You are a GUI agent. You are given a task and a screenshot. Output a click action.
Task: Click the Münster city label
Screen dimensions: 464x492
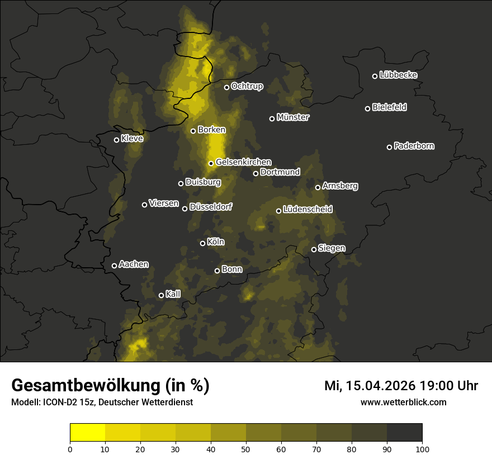pos(293,117)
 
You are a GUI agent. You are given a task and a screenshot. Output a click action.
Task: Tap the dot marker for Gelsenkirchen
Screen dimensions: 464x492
pos(211,163)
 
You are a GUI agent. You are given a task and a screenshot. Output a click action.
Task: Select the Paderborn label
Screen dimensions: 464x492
pos(414,146)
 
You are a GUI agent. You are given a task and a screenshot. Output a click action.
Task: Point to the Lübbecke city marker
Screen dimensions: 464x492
pos(375,76)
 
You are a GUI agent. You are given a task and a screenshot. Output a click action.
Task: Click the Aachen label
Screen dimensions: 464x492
pos(134,264)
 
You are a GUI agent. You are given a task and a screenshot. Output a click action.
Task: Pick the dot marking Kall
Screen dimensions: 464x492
pos(162,295)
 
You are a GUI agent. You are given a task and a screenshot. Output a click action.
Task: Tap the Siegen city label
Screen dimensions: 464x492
pos(332,248)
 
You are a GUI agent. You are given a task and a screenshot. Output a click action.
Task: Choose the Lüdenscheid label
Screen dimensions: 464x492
pos(307,210)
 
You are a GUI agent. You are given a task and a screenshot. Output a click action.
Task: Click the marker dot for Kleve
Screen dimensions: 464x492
pos(117,140)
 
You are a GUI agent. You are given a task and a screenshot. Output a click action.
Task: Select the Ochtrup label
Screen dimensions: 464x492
pos(247,86)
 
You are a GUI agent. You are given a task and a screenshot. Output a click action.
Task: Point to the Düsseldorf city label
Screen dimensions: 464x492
pos(210,207)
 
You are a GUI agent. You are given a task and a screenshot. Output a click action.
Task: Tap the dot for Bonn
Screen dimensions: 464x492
pos(217,271)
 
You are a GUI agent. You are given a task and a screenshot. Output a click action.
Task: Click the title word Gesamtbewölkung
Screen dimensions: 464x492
pos(84,386)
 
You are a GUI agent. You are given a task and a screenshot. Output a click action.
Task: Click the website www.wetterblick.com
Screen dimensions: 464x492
pos(404,402)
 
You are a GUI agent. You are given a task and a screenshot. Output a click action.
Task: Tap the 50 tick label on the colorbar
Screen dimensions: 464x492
pos(246,449)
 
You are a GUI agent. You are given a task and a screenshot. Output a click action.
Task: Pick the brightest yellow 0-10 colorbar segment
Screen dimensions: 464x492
pos(88,433)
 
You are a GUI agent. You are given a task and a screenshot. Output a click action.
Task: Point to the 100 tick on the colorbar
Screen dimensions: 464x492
pos(422,449)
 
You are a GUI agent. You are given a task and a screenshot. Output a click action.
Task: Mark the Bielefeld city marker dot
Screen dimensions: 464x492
pos(368,108)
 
